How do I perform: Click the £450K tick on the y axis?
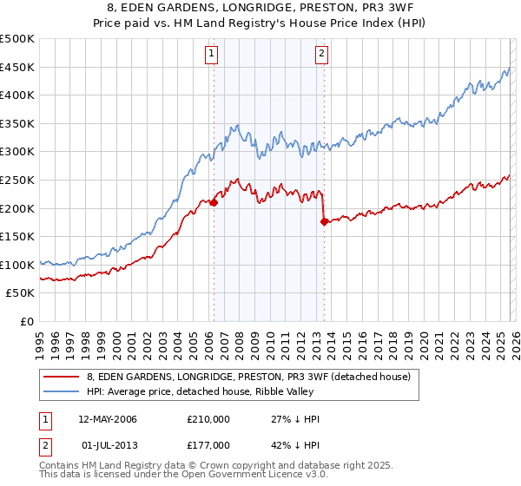point(17,67)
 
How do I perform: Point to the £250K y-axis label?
point(17,180)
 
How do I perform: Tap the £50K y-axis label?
point(21,293)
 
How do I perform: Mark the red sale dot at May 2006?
point(214,202)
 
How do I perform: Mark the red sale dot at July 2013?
point(324,221)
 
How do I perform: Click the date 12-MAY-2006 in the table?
point(119,419)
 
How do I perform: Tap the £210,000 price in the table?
point(208,419)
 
